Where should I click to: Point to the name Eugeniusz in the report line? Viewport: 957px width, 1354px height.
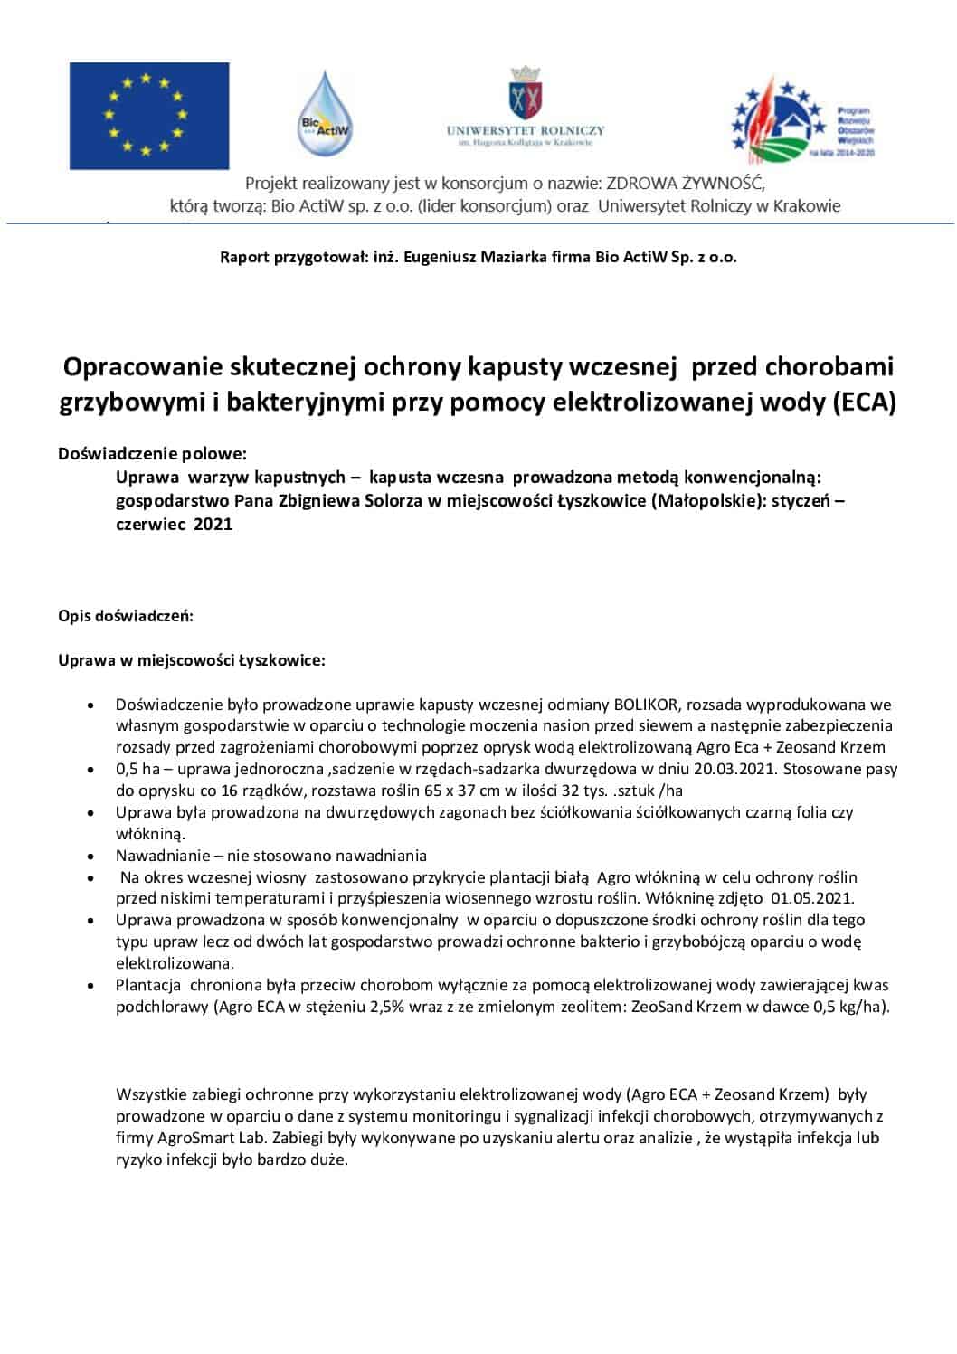443,257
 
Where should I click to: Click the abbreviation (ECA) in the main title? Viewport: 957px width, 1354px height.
864,402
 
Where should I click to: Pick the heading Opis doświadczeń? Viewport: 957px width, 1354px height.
126,617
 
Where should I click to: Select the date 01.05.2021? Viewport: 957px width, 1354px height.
811,898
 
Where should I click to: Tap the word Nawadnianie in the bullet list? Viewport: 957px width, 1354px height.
163,855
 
